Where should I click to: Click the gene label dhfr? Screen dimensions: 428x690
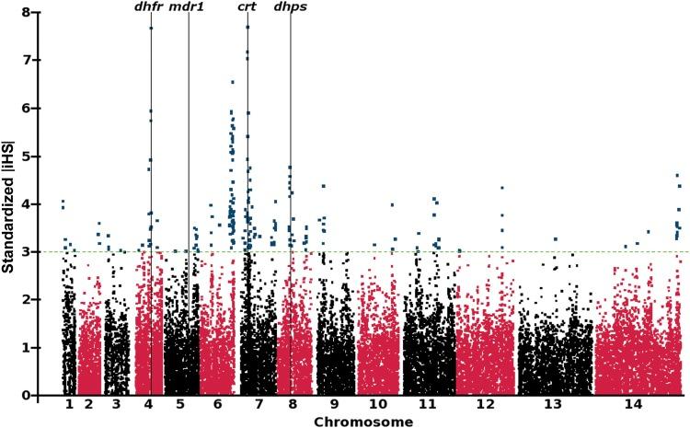[x=148, y=7]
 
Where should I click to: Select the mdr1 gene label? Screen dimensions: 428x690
[x=188, y=7]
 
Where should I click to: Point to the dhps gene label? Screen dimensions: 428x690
[x=291, y=7]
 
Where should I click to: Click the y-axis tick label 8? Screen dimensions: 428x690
[x=38, y=12]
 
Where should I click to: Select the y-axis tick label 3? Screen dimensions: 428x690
[x=38, y=251]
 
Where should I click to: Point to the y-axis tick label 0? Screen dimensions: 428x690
[x=38, y=395]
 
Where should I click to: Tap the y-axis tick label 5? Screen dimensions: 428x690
[x=38, y=156]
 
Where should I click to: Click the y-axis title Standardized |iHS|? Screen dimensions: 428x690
[x=11, y=204]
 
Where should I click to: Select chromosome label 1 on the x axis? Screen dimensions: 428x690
[x=69, y=404]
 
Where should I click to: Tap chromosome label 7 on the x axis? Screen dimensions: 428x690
[x=259, y=404]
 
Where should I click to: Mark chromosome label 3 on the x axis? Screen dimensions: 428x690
[x=115, y=404]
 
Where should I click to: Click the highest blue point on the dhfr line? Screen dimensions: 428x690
[x=151, y=29]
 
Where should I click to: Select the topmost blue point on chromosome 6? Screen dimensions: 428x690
[x=233, y=82]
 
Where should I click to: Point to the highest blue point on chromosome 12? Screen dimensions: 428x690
[x=502, y=188]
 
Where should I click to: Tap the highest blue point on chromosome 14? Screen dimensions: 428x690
[x=677, y=175]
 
